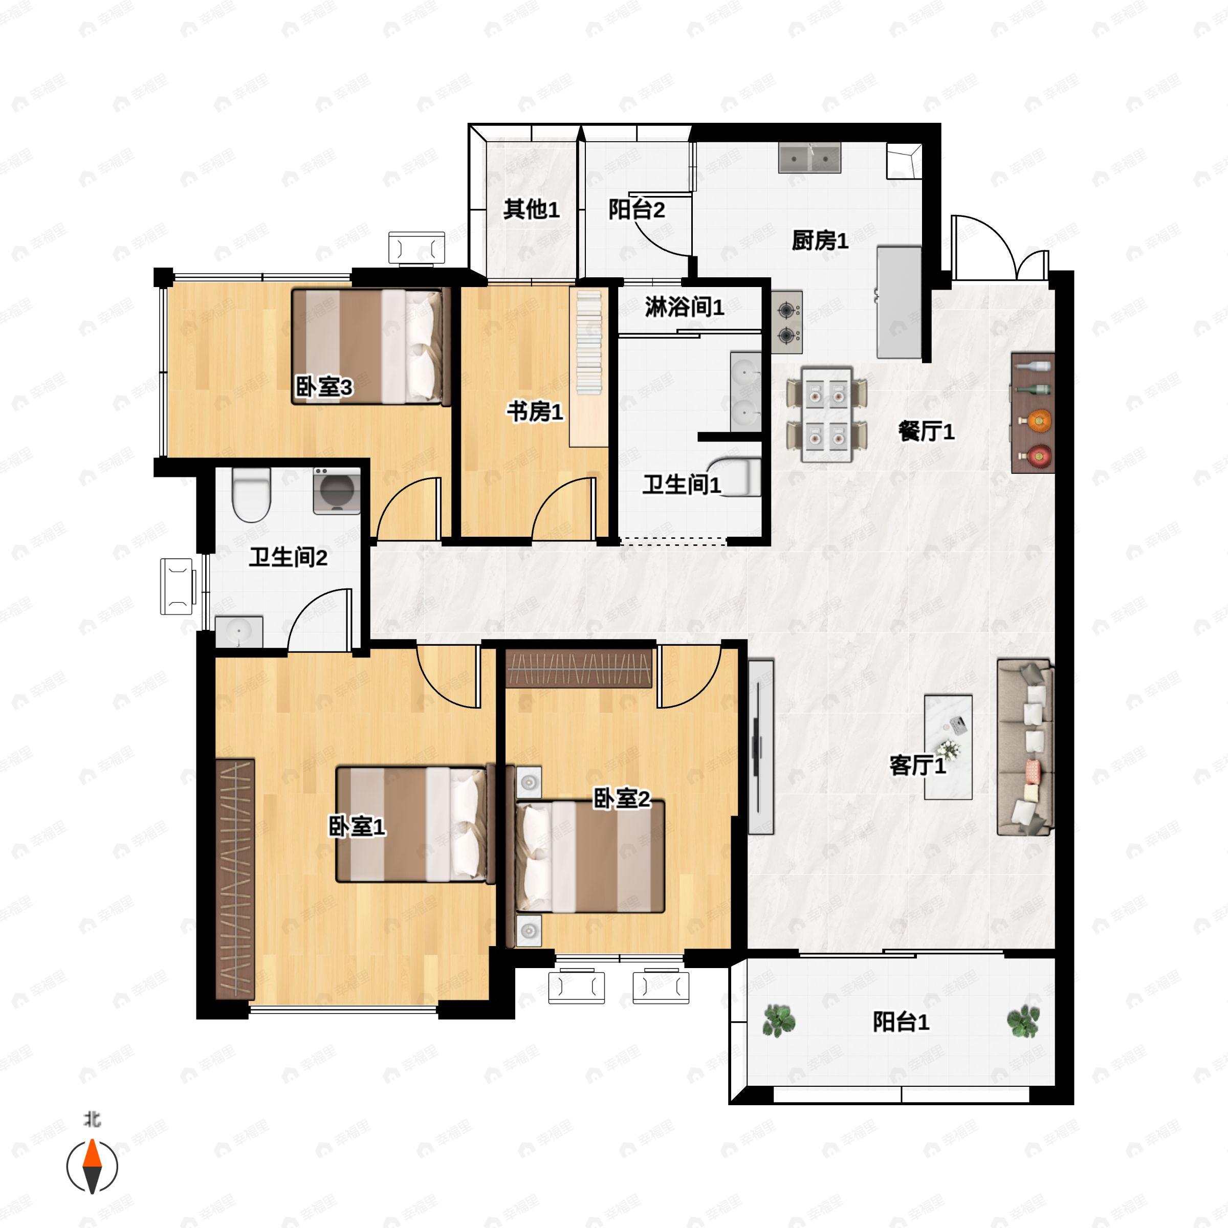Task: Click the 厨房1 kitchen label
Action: click(819, 241)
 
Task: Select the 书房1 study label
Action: click(535, 411)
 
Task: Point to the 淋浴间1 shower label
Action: click(684, 307)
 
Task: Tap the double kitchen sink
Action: click(810, 158)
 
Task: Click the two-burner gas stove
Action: click(787, 322)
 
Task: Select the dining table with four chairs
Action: click(826, 414)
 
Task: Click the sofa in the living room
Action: click(1024, 747)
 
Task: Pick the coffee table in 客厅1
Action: click(948, 746)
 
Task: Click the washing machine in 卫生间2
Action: click(337, 491)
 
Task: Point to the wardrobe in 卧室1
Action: click(235, 879)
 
